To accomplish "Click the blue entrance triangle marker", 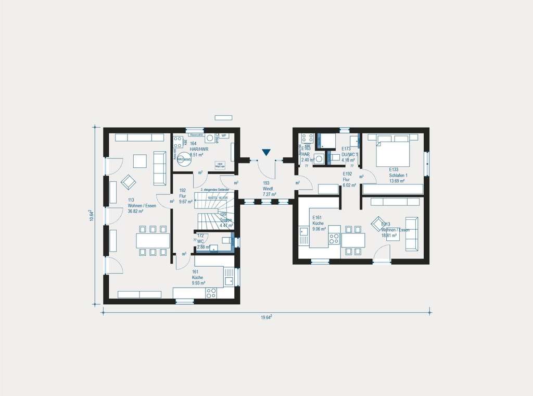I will coord(266,152).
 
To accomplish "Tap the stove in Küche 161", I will coord(211,293).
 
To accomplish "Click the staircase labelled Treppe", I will coord(213,211).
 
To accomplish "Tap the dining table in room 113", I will coord(153,240).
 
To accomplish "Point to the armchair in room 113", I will coord(128,182).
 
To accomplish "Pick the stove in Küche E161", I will coord(334,238).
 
